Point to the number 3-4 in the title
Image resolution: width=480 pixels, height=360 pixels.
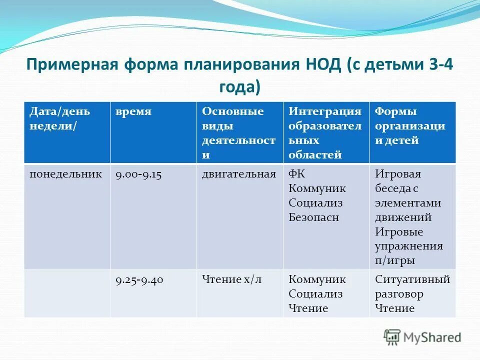(x=438, y=65)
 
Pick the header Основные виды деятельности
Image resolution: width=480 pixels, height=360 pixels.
(x=238, y=132)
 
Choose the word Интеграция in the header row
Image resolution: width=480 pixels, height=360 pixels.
(x=325, y=111)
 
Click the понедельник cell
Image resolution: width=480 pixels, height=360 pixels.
(x=65, y=174)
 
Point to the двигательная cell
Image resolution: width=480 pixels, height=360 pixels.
(x=238, y=174)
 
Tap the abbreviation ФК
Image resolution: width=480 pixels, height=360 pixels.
(x=296, y=174)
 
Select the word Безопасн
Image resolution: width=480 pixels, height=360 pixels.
(x=314, y=217)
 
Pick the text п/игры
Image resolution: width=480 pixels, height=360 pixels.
(x=394, y=260)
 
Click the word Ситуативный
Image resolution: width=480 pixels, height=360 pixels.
(x=412, y=279)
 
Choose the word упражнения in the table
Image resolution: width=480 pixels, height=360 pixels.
(x=408, y=246)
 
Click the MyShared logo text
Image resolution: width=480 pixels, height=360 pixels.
(x=432, y=337)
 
